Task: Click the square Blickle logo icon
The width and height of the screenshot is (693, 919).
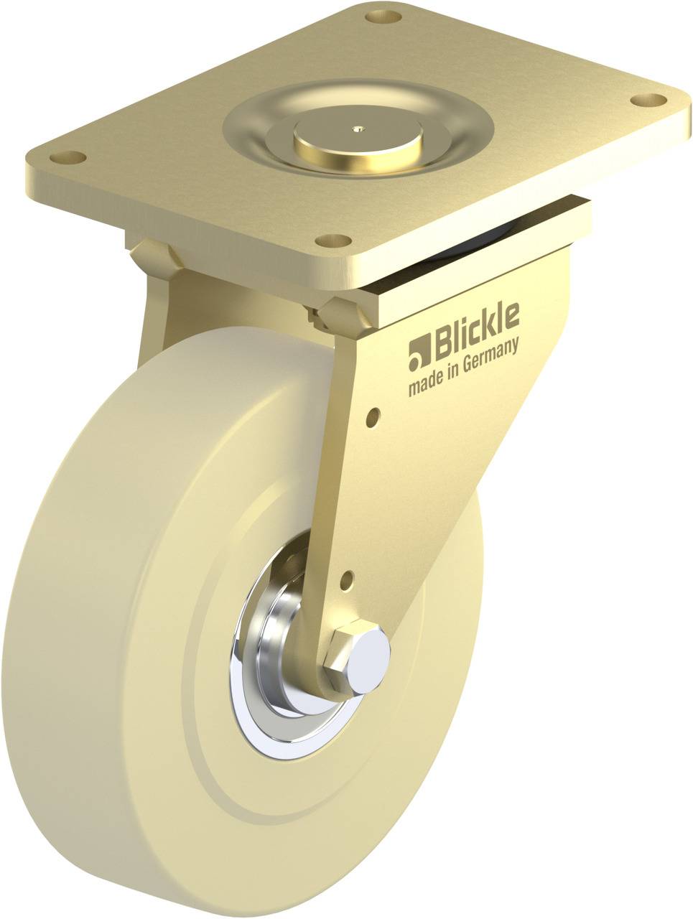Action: tap(418, 350)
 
